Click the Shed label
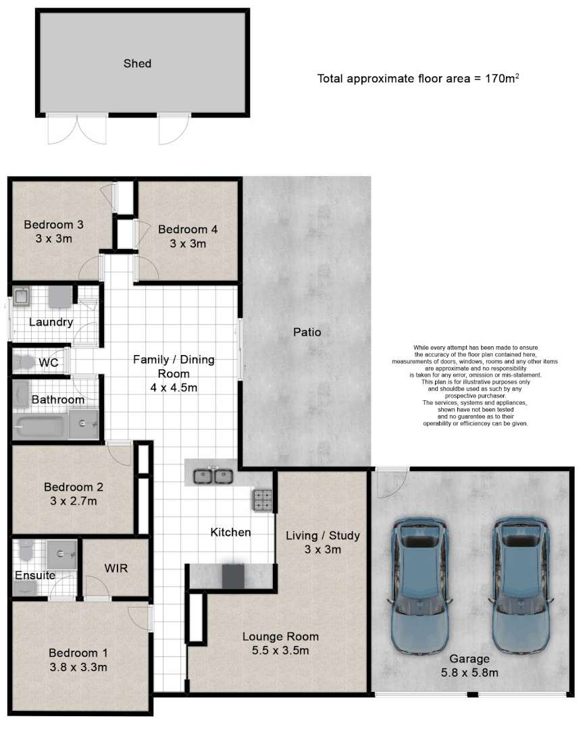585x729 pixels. (137, 63)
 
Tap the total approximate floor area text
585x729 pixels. (418, 78)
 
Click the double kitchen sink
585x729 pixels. (213, 476)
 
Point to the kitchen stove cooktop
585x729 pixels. (262, 500)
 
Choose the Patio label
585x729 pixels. (307, 332)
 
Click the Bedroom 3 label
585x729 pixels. (53, 225)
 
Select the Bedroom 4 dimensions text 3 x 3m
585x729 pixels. (188, 244)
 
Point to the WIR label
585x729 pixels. (116, 569)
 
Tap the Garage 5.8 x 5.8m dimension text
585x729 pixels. (470, 672)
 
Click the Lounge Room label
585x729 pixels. (280, 637)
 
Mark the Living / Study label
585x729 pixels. (322, 536)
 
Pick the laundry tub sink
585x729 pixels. (21, 296)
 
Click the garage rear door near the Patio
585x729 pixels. (391, 481)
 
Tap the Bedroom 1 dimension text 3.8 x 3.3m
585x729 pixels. (78, 668)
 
